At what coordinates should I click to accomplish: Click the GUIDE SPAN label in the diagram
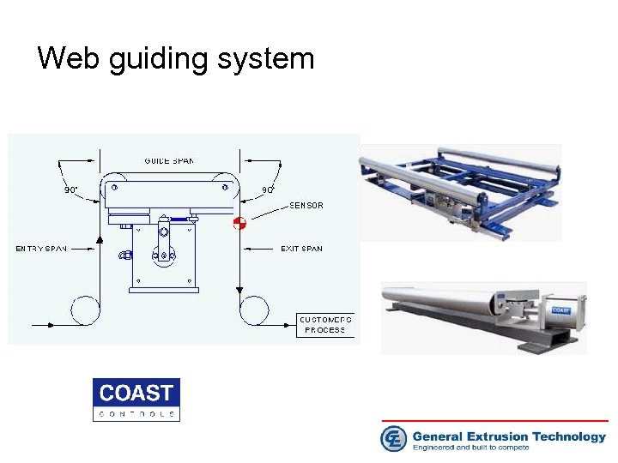pyautogui.click(x=169, y=161)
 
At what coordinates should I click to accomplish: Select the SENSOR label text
pyautogui.click(x=306, y=206)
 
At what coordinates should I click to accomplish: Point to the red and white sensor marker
pyautogui.click(x=239, y=223)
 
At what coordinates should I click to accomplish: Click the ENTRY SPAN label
pyautogui.click(x=41, y=249)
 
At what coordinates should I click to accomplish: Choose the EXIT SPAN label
pyautogui.click(x=302, y=249)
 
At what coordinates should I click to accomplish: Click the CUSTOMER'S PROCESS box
pyautogui.click(x=324, y=324)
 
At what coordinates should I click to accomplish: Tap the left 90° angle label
pyautogui.click(x=70, y=189)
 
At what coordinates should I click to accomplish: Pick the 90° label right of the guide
pyautogui.click(x=268, y=189)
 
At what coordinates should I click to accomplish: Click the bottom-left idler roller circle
pyautogui.click(x=85, y=309)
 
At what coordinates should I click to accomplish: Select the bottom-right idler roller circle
pyautogui.click(x=254, y=309)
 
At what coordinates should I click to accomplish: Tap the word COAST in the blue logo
pyautogui.click(x=136, y=394)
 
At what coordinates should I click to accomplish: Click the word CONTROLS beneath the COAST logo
pyautogui.click(x=136, y=413)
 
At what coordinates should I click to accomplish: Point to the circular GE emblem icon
pyautogui.click(x=394, y=439)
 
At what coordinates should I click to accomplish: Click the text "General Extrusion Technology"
pyautogui.click(x=509, y=436)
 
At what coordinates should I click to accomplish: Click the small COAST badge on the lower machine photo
pyautogui.click(x=560, y=310)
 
